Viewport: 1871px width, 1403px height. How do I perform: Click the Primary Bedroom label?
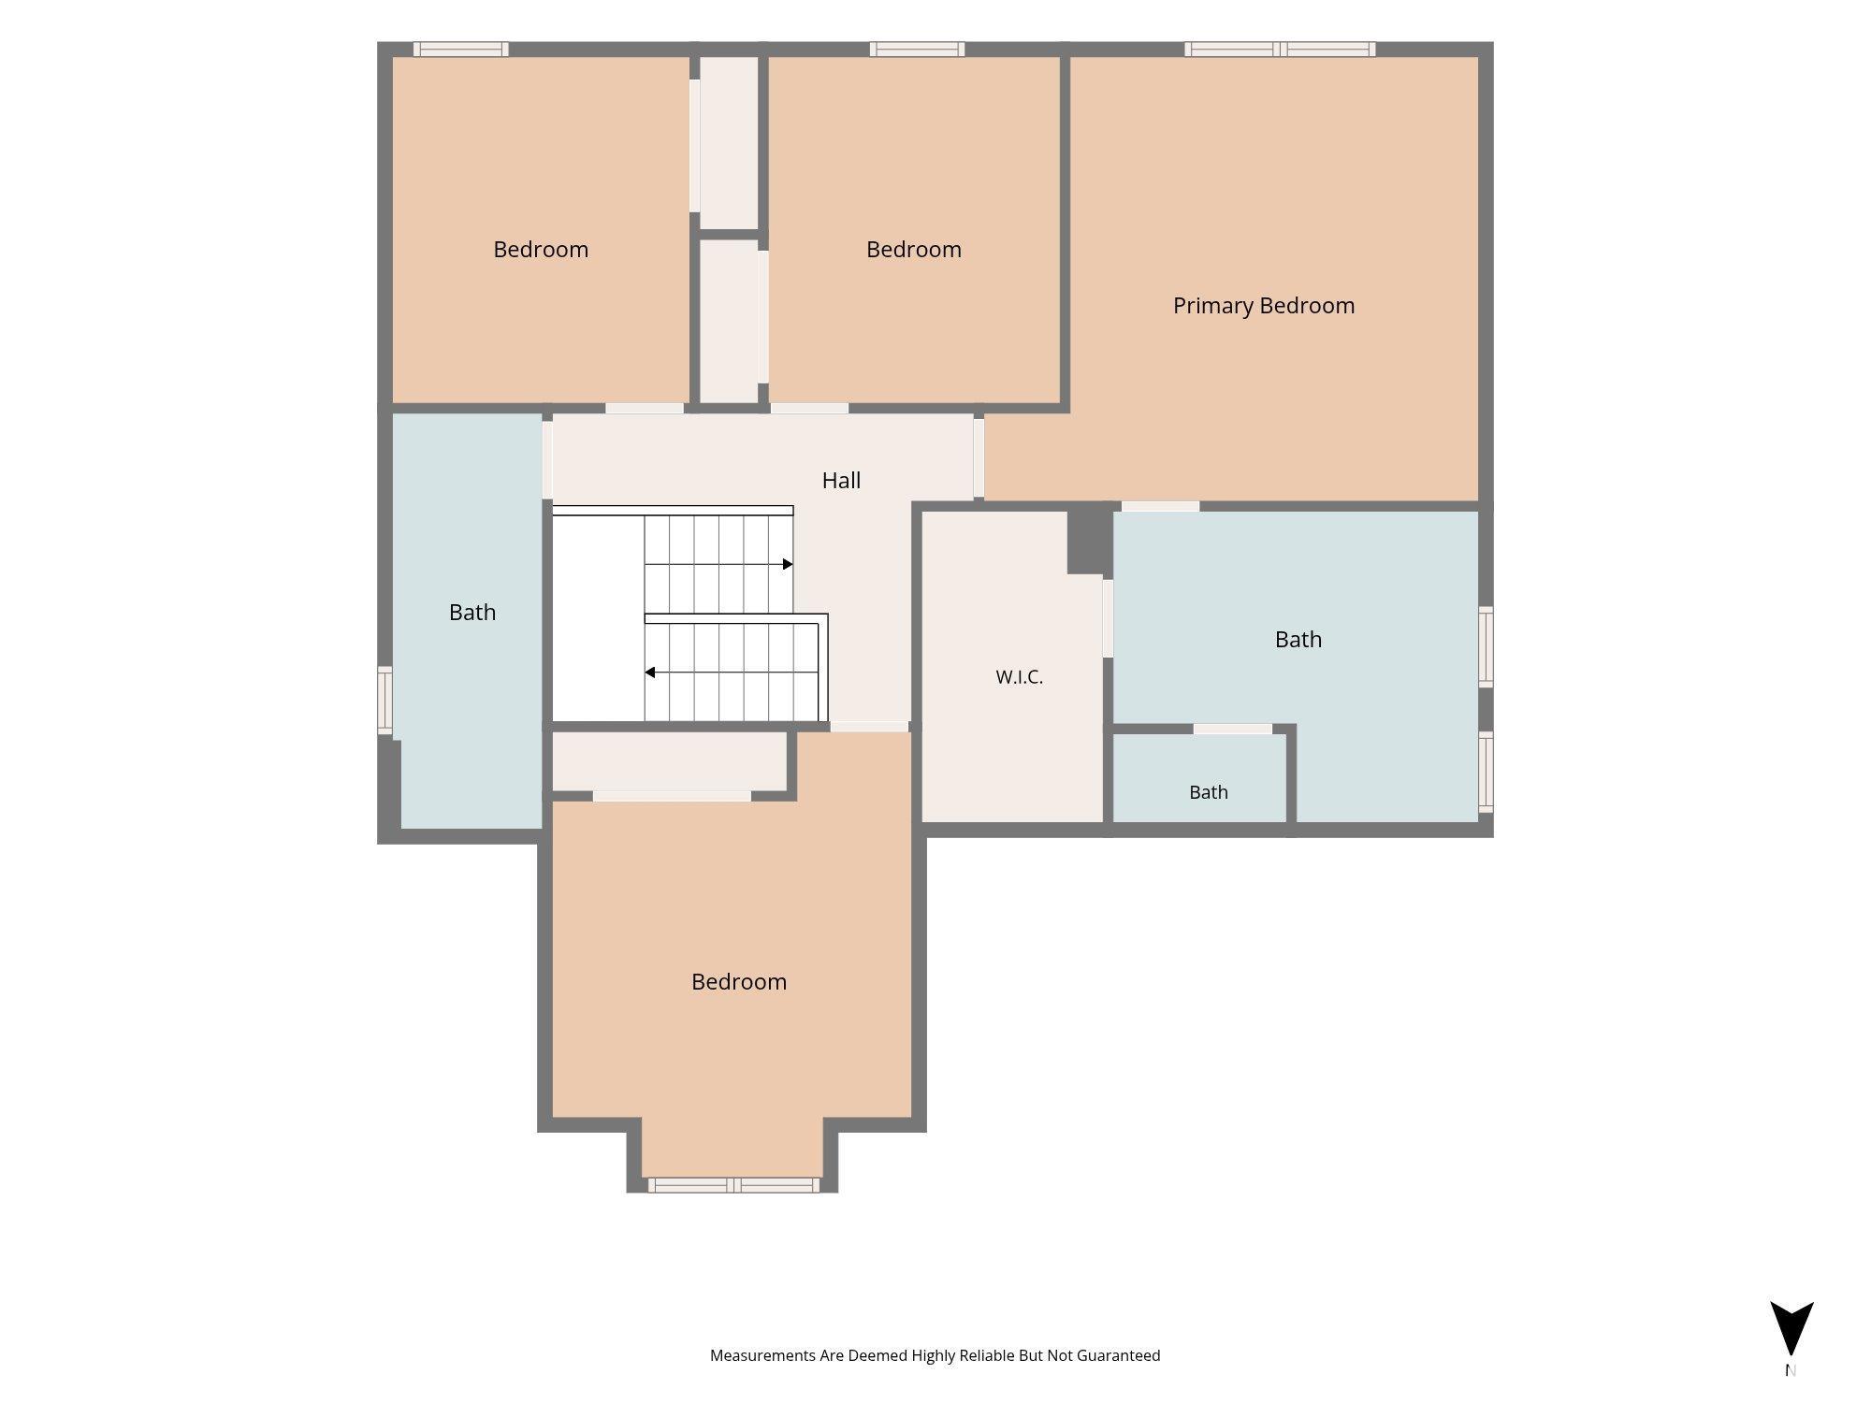pos(1264,306)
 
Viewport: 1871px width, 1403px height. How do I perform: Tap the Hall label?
pos(841,481)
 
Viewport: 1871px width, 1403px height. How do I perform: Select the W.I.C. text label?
pos(1020,677)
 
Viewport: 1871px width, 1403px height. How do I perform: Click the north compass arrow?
pos(1791,1327)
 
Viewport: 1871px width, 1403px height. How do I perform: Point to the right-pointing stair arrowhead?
pos(788,564)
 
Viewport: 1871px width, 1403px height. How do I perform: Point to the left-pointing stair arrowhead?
pos(649,673)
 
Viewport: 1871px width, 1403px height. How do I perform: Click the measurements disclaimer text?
pos(935,1355)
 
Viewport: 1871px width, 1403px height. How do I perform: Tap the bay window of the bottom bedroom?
pos(733,1185)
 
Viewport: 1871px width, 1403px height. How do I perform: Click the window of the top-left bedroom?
pos(461,49)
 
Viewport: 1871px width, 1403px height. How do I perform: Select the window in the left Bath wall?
pos(384,700)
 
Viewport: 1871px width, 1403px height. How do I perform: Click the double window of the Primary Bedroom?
pos(1280,49)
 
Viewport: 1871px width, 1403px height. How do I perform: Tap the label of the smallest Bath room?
pos(1209,792)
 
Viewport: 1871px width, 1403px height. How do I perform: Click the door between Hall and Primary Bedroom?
pos(979,458)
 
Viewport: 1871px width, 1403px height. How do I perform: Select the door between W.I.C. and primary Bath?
pos(1108,618)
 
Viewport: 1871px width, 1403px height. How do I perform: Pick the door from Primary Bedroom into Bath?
pos(1160,506)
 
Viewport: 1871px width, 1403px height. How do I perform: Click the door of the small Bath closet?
pos(1232,729)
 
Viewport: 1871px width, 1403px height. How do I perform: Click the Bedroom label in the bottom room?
pos(739,982)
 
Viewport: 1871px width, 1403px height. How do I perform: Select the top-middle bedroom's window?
pos(917,49)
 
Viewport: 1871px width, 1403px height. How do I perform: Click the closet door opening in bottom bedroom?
pos(672,796)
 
